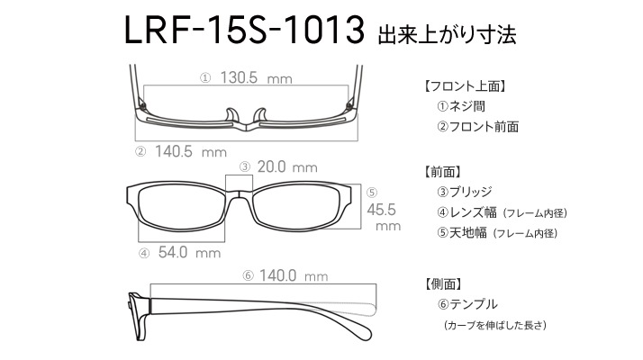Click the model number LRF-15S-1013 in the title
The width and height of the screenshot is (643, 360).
coord(244,30)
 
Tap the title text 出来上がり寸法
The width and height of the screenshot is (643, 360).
coord(447,35)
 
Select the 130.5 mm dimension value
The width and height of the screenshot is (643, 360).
coord(257,77)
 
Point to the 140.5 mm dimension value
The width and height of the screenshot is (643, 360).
coord(191,152)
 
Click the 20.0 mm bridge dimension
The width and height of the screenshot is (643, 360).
coord(287,166)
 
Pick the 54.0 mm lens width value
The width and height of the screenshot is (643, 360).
coord(189,252)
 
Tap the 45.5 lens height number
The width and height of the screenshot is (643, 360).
coord(381,210)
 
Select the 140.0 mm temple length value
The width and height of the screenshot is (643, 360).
coord(294,275)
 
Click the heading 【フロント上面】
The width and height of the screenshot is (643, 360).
coord(465,86)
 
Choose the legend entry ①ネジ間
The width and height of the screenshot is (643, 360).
coord(461,106)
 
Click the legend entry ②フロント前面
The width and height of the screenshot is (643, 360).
coord(477,127)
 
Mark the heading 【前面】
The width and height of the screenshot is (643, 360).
coord(442,172)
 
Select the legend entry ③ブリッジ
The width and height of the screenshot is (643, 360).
coord(464,192)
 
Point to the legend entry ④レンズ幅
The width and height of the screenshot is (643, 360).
coord(466,212)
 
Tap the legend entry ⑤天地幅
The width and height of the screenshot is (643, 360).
coord(462,233)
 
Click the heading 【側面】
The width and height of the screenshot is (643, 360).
coord(442,283)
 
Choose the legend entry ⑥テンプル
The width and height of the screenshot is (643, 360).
coord(467,304)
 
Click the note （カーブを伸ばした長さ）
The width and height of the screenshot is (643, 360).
coord(495,325)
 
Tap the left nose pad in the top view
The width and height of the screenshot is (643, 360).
coord(232,115)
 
